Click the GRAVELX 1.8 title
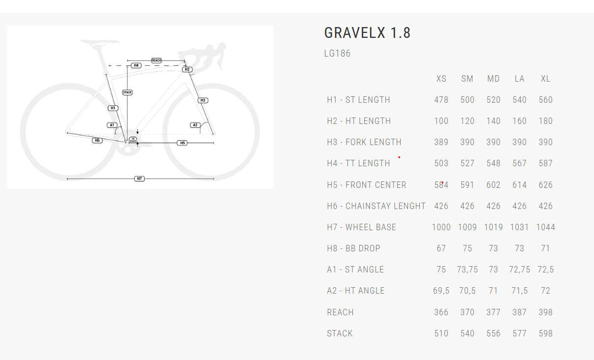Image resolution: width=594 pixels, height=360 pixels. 367,33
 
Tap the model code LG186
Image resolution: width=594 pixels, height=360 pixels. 337,53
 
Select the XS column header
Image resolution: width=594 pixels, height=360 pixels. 441,79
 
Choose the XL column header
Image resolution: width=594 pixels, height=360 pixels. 545,79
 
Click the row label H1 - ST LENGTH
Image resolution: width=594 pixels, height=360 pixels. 358,100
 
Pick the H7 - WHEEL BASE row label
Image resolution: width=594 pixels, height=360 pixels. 361,227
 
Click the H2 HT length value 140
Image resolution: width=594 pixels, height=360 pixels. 493,121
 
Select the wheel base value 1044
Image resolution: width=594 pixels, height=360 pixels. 545,227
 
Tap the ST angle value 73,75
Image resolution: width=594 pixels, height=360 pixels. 467,270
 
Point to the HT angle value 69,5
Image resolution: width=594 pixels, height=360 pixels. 441,291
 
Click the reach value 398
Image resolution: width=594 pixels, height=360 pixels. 545,312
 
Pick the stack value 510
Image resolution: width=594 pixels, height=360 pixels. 441,333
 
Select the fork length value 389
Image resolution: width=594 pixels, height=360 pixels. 441,142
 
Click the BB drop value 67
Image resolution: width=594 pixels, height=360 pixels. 441,248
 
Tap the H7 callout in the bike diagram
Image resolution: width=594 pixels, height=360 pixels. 140,179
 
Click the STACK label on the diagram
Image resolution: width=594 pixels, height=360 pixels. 127,92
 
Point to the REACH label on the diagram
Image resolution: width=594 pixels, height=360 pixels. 156,60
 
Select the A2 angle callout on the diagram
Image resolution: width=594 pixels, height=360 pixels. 195,125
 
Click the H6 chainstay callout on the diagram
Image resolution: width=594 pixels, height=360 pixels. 97,141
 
